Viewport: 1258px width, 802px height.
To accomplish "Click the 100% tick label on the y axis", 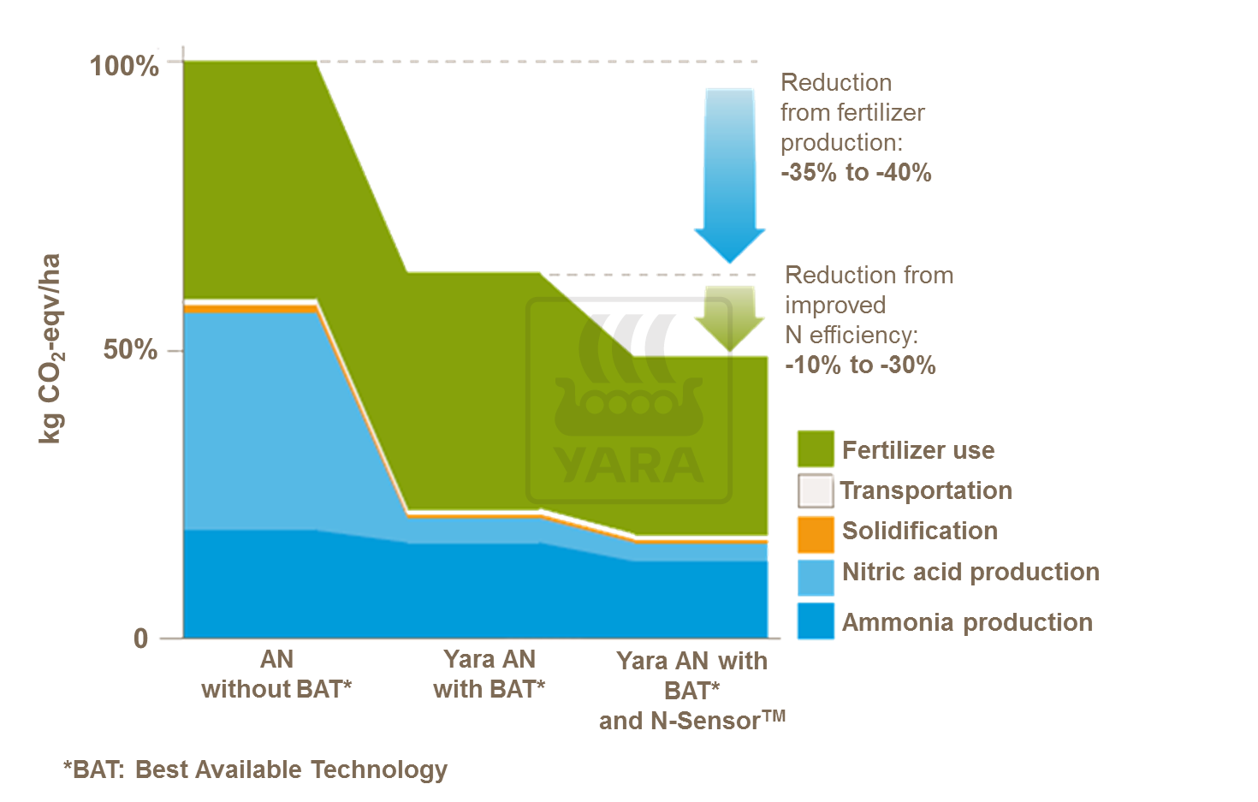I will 124,66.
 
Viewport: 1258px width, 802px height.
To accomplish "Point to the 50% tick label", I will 130,350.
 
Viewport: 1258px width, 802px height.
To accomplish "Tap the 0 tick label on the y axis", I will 141,639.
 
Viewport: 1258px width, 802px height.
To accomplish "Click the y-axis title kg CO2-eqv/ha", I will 51,348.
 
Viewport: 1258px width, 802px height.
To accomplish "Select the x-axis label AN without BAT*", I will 276,674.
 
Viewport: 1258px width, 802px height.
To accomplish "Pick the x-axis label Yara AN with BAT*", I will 490,674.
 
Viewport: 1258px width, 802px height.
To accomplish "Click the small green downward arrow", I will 729,318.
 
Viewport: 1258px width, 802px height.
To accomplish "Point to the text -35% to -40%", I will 856,172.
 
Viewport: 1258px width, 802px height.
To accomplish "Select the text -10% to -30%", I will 860,365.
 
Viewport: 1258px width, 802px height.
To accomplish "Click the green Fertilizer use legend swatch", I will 816,449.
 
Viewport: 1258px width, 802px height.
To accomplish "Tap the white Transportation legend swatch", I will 816,490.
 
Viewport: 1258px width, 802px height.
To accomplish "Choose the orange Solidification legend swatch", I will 816,533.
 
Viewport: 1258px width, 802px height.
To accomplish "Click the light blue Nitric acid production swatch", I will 816,577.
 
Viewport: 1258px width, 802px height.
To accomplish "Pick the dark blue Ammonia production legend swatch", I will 816,621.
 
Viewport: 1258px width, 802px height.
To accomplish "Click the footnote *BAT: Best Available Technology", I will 255,769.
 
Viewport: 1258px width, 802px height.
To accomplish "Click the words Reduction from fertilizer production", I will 852,112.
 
